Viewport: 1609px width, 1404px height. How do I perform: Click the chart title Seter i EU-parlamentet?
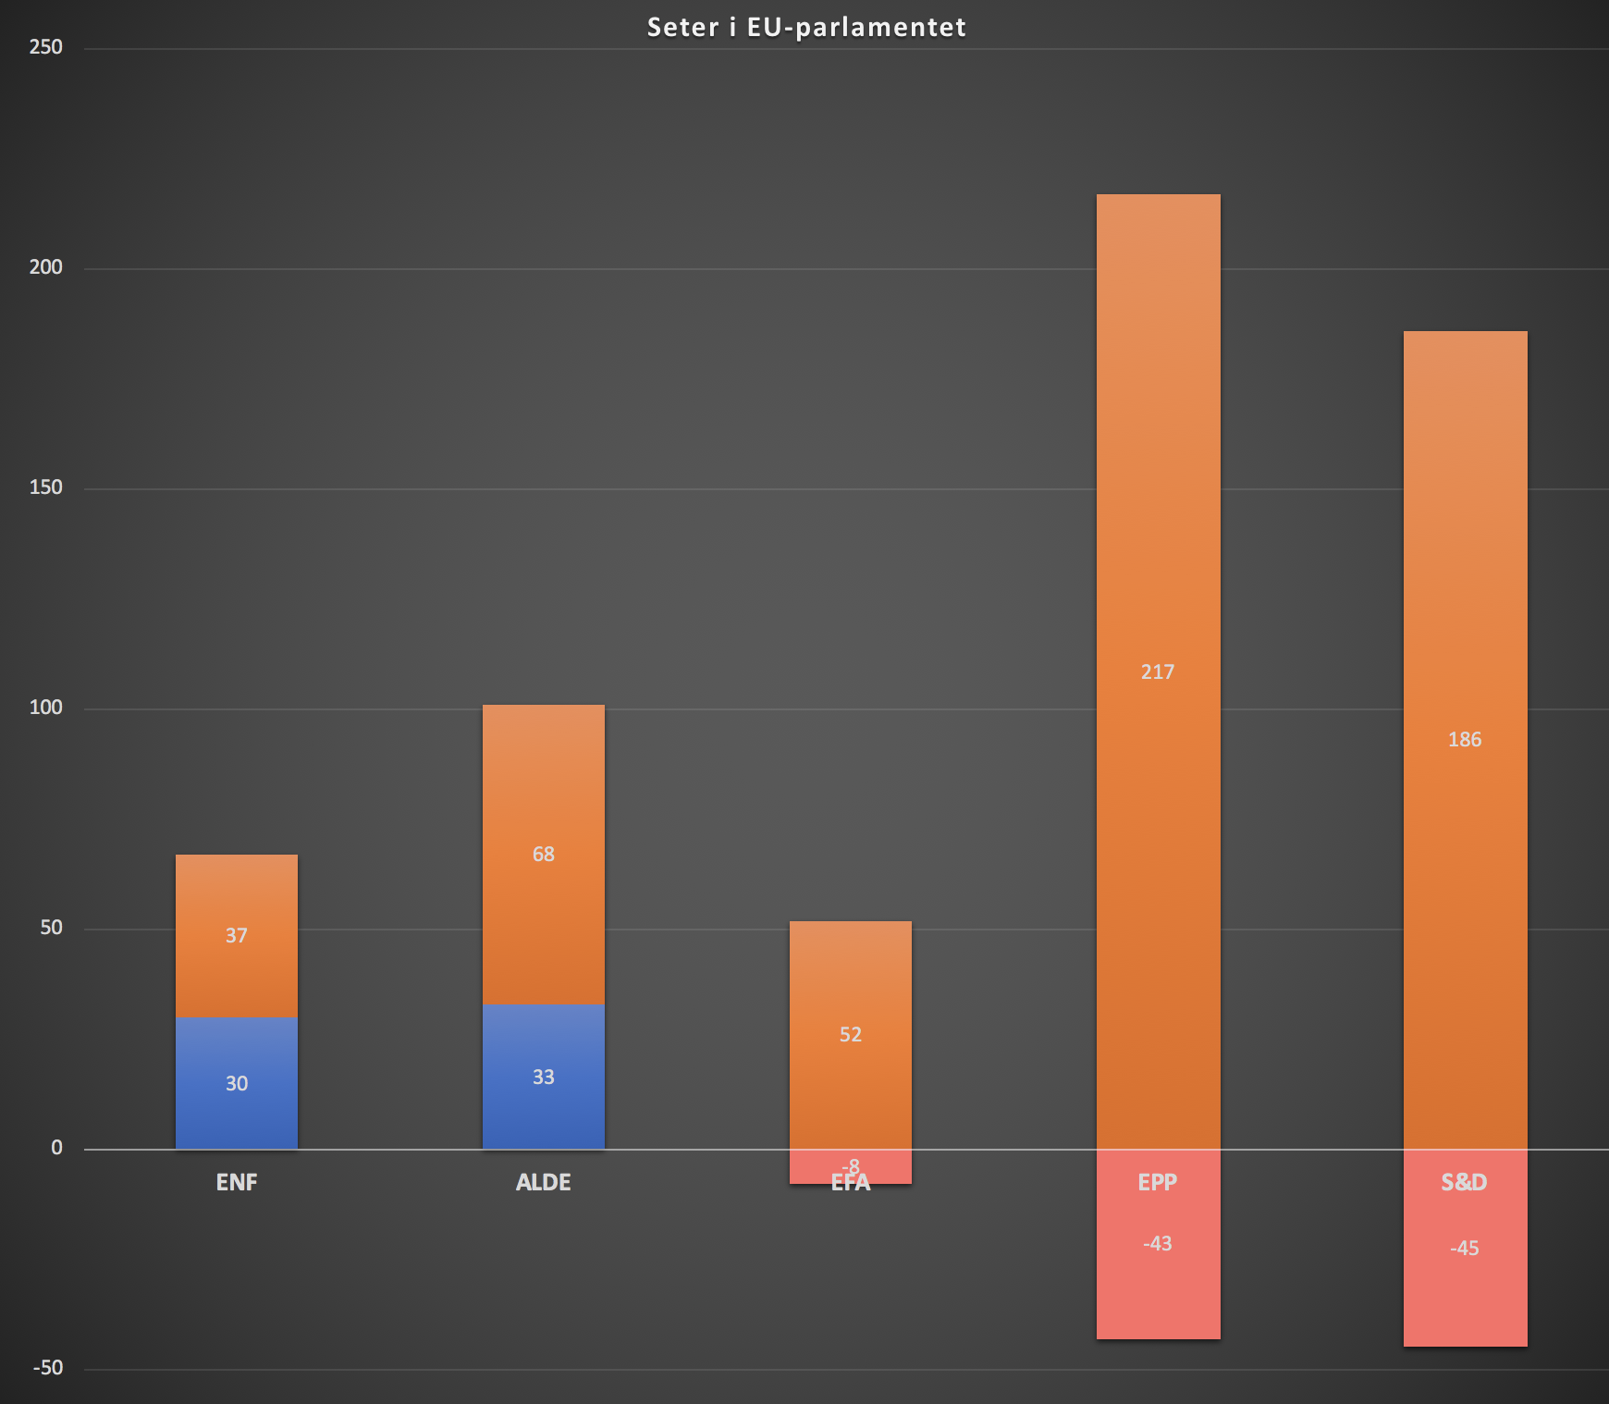[806, 27]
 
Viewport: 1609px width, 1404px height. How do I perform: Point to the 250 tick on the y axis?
[45, 47]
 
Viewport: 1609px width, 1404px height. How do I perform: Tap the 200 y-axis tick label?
[45, 267]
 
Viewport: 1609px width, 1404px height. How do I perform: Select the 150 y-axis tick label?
[45, 487]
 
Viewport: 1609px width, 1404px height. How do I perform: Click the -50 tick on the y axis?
[48, 1368]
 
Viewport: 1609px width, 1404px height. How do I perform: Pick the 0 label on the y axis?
[56, 1148]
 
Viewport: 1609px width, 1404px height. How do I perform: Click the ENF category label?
[237, 1182]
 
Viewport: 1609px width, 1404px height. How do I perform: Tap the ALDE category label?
[544, 1182]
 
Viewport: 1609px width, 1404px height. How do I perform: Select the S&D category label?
[1464, 1182]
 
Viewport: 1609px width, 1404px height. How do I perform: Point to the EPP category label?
[1157, 1182]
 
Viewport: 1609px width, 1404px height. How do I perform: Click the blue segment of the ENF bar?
[237, 1110]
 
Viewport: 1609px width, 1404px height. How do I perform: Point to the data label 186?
[1465, 739]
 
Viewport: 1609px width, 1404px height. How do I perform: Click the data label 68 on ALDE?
[544, 854]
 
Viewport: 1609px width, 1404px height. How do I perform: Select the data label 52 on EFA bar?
[851, 1034]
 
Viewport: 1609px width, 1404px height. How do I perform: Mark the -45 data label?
[1465, 1248]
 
